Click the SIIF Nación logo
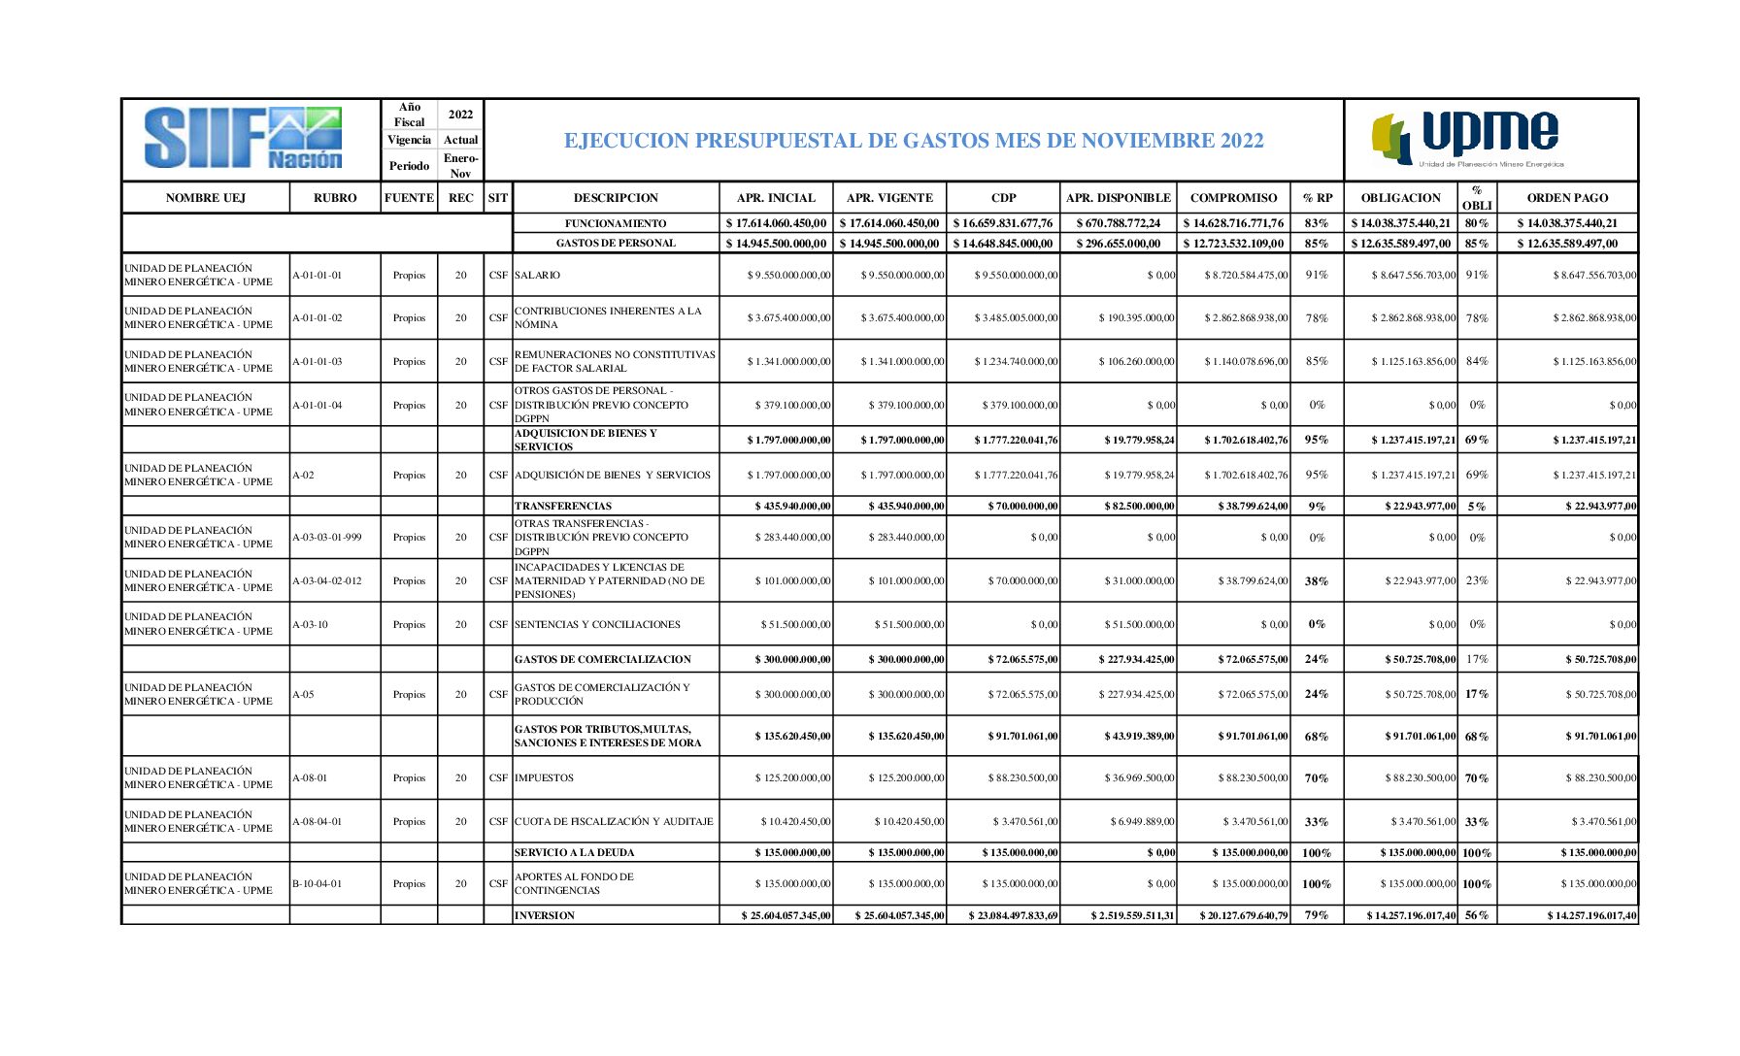[244, 139]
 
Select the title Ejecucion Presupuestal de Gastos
[914, 141]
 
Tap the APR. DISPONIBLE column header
[1118, 198]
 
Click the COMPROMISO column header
[1233, 198]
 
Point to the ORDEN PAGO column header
[1567, 198]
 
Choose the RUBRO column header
[335, 198]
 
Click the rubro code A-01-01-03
[318, 362]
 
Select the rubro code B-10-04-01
[318, 884]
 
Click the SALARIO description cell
[538, 276]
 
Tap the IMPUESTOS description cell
[545, 778]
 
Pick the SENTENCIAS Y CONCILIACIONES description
[597, 625]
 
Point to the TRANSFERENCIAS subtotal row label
[563, 506]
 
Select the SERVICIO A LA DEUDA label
[574, 852]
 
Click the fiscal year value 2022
[460, 115]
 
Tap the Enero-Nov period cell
[460, 166]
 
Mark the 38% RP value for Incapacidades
[1317, 581]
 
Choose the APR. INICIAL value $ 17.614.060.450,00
[776, 223]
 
